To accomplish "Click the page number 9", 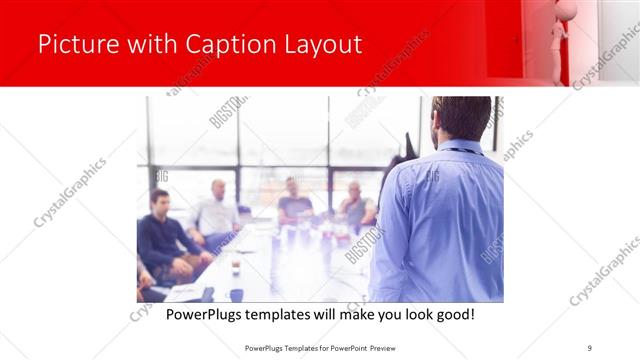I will coord(589,347).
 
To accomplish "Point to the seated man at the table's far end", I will coord(294,200).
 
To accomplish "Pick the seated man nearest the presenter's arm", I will coord(356,204).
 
